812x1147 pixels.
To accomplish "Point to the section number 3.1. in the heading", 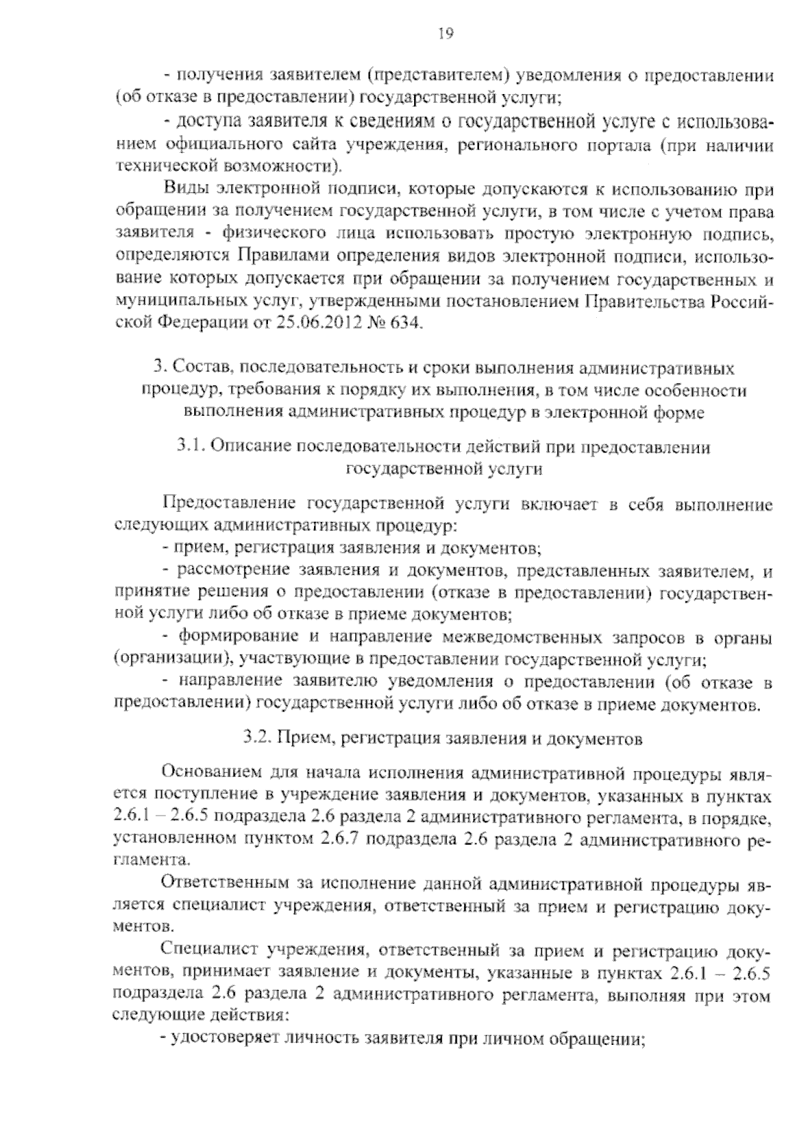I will click(191, 446).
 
